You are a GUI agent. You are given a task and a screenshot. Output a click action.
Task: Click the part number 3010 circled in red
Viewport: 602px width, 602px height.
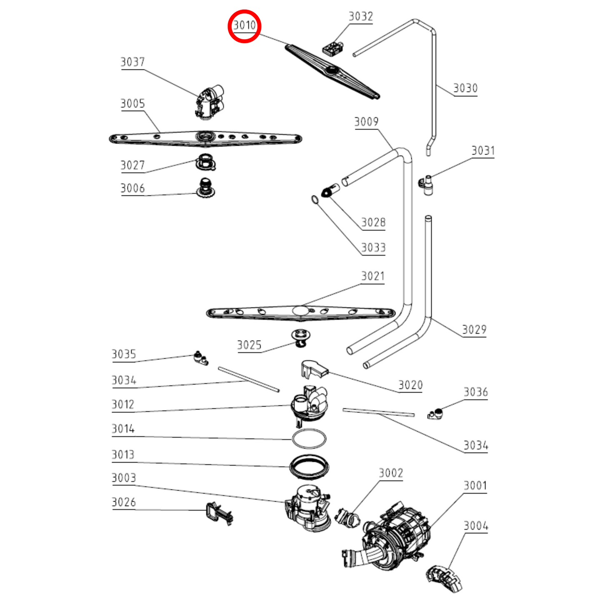click(244, 26)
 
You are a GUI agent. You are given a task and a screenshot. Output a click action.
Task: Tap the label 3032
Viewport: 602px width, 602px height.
click(360, 16)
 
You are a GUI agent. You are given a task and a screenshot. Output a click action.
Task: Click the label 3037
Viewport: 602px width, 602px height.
click(132, 62)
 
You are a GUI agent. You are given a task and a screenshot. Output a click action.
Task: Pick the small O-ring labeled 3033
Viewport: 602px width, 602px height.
click(315, 200)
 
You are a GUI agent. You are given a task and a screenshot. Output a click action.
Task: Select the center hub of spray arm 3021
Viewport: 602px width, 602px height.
click(300, 310)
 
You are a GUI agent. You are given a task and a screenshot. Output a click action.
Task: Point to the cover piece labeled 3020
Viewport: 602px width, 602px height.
click(313, 370)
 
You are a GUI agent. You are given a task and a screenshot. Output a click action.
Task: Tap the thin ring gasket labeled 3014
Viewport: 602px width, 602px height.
click(309, 438)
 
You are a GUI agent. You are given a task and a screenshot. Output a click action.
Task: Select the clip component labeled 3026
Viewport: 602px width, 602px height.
click(218, 512)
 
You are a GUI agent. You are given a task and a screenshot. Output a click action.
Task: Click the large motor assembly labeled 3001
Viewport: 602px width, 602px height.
click(396, 537)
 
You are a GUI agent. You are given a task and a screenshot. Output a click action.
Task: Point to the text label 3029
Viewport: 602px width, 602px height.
click(474, 330)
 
